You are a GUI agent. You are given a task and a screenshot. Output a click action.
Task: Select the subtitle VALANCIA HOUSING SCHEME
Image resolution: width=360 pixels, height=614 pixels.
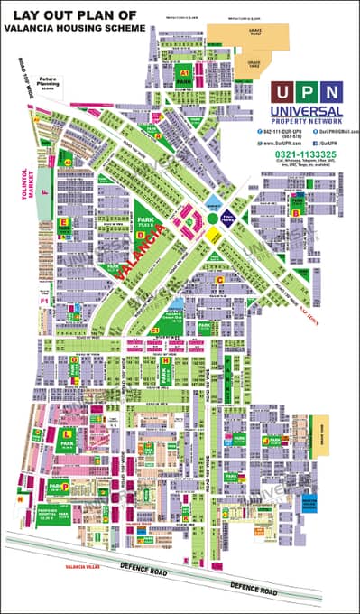[x=73, y=29]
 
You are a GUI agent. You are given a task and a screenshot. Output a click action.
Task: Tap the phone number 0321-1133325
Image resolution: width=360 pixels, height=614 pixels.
[x=307, y=154]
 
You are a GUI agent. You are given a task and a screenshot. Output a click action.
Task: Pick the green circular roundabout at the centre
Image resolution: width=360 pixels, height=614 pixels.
[x=213, y=217]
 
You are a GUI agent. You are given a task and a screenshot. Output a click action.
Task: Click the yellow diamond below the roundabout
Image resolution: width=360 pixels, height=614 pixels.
[x=213, y=234]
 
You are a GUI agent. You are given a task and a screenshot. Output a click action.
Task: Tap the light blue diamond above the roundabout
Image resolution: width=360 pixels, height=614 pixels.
[x=213, y=201]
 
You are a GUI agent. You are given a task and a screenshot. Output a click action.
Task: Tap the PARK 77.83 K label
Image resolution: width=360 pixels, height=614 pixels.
[x=142, y=223]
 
